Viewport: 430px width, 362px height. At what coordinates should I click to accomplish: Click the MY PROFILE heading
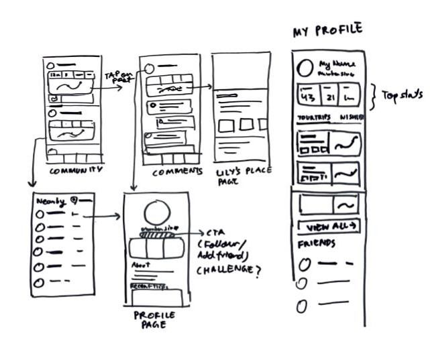coord(327,30)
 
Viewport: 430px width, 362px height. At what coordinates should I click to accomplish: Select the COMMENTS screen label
coord(177,172)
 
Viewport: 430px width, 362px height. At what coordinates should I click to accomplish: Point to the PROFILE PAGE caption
coord(155,320)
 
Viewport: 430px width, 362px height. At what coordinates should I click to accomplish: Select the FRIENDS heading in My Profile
coord(316,242)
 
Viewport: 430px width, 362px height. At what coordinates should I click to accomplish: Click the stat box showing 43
coord(309,97)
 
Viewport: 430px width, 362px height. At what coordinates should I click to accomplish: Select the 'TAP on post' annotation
coord(117,78)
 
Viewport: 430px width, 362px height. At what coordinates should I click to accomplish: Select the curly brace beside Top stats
coord(374,95)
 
